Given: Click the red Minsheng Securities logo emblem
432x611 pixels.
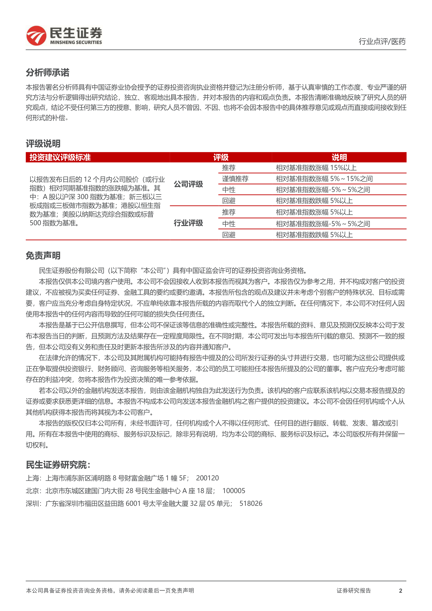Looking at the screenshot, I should tap(36, 36).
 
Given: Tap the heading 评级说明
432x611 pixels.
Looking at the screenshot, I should tap(43, 144).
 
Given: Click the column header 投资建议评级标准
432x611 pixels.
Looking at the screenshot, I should tap(60, 157).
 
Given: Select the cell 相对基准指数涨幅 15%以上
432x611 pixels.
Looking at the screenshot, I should tap(316, 168).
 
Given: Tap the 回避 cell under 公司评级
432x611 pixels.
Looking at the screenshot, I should tap(229, 201).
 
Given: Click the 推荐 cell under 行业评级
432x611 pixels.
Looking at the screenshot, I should tap(229, 212).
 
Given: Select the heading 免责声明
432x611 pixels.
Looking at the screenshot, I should tap(43, 256).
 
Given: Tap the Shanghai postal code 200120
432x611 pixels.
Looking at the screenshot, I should tap(207, 478).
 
